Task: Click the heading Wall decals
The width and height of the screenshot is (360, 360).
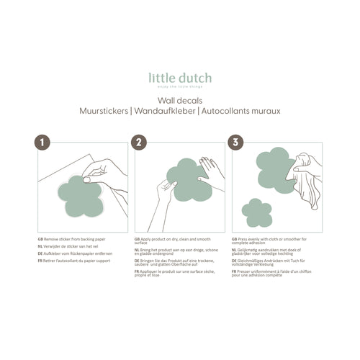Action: click(x=179, y=102)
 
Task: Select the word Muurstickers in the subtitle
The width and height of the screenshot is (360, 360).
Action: click(x=106, y=112)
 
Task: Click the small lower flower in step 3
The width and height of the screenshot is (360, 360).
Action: click(x=256, y=212)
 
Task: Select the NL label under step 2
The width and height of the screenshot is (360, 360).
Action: click(x=138, y=249)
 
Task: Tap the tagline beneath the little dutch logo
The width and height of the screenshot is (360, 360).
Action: click(x=179, y=85)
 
